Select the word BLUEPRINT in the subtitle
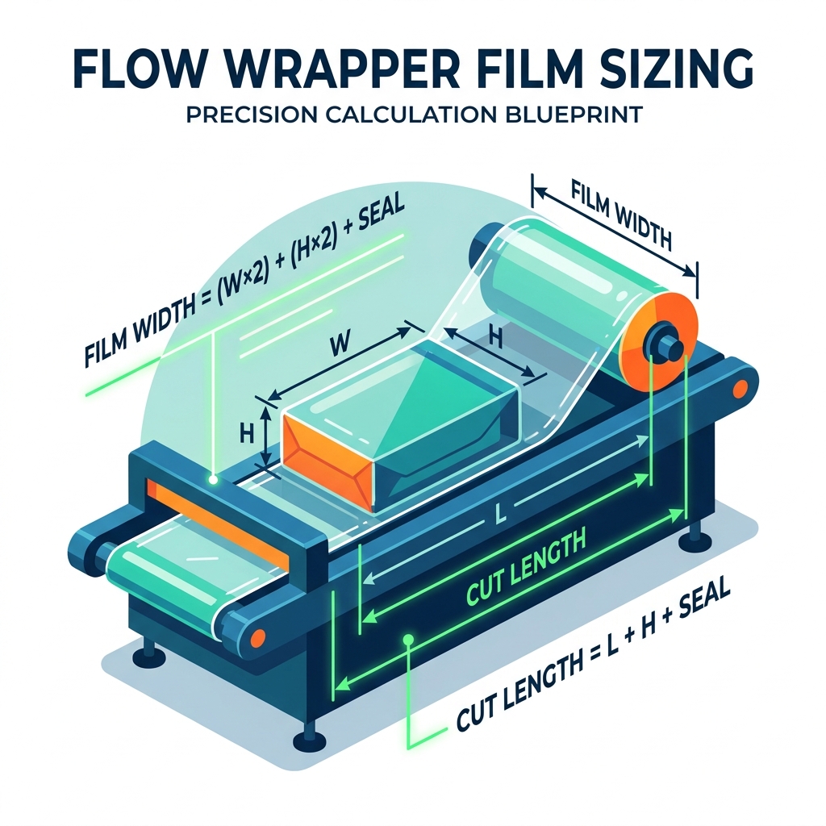coord(572,115)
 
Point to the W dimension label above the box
coord(340,344)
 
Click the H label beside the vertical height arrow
coord(246,434)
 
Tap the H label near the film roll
coord(494,338)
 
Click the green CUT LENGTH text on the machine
coord(525,568)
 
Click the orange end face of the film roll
coord(657,341)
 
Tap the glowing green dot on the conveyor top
coord(213,479)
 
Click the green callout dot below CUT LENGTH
coord(407,639)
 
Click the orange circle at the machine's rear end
coord(740,390)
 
